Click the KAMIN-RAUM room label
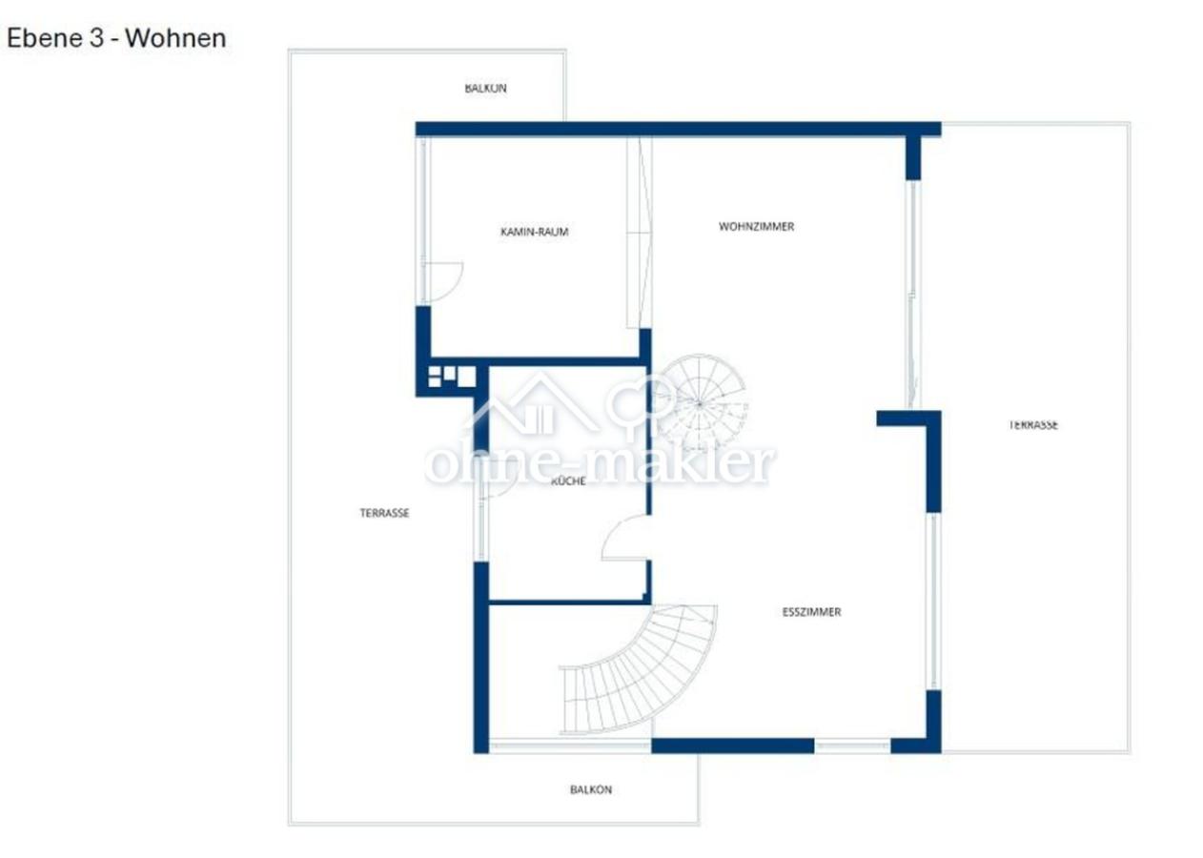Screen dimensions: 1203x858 [535, 232]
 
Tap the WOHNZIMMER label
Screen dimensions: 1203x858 [756, 227]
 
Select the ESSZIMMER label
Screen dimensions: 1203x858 [811, 612]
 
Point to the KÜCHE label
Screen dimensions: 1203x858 [568, 480]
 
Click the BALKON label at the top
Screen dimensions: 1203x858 [485, 88]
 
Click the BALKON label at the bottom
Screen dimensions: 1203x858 [591, 789]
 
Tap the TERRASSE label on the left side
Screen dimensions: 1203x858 [384, 513]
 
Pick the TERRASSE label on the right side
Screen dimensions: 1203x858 [1033, 425]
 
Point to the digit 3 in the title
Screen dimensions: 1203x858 [96, 38]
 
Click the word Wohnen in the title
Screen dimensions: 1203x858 [175, 38]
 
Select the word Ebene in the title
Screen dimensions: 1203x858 [45, 38]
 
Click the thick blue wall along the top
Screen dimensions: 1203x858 [678, 129]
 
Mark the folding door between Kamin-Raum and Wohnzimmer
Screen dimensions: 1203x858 [639, 232]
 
